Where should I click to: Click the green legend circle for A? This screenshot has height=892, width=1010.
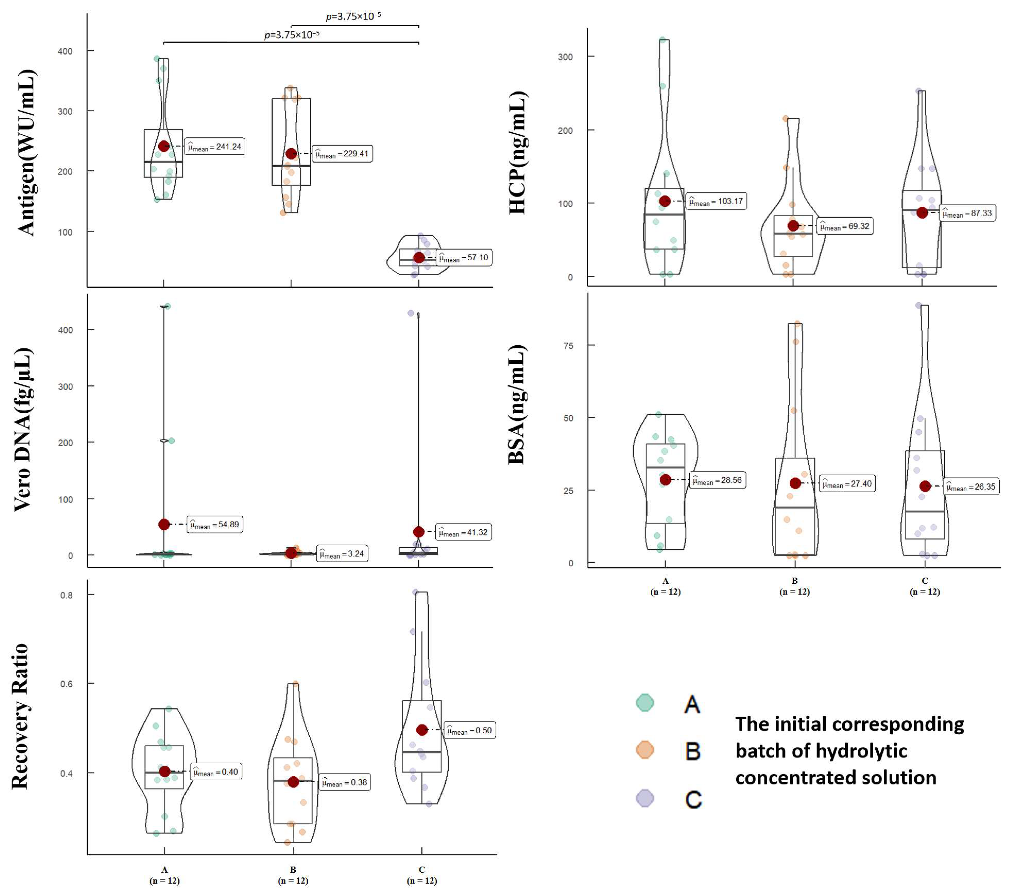click(x=645, y=702)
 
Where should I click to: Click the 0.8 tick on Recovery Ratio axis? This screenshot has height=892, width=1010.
click(x=67, y=595)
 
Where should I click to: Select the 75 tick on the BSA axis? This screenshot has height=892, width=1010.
click(x=568, y=345)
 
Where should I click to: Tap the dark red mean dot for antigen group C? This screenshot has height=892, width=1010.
click(x=419, y=258)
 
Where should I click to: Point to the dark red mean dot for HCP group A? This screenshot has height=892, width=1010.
click(x=665, y=201)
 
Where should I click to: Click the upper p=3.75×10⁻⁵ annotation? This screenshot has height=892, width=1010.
click(x=353, y=16)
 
